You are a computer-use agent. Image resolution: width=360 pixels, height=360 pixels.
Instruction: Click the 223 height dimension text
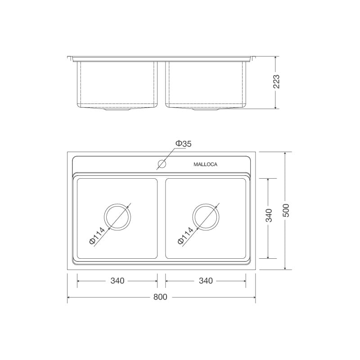coord(277,81)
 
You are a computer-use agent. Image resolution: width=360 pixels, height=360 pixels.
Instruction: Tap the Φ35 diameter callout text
coord(183,144)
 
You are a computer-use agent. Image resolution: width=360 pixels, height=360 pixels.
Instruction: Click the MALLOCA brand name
coord(205,165)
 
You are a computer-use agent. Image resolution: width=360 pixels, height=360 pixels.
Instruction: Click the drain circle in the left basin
coord(117,216)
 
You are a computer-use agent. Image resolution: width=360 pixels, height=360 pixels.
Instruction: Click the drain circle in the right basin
coord(206,216)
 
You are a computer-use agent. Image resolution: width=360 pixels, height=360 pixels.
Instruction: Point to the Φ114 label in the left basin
coord(97,236)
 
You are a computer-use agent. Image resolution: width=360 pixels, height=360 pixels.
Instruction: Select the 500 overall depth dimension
coord(285,211)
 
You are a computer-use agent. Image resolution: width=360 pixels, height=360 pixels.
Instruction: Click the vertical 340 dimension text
coord(269,216)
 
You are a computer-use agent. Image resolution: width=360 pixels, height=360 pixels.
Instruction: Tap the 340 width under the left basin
coord(117,281)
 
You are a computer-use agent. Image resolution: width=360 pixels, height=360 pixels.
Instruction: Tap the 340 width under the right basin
coord(206,281)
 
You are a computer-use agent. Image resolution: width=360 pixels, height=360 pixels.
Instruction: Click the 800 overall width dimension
coord(160,297)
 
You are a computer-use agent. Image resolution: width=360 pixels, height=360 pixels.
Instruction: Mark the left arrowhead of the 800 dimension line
coord(69,297)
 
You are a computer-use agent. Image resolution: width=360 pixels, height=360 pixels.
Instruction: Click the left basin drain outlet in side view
coord(117,109)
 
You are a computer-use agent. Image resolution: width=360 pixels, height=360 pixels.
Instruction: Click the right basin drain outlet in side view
coord(206,109)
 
